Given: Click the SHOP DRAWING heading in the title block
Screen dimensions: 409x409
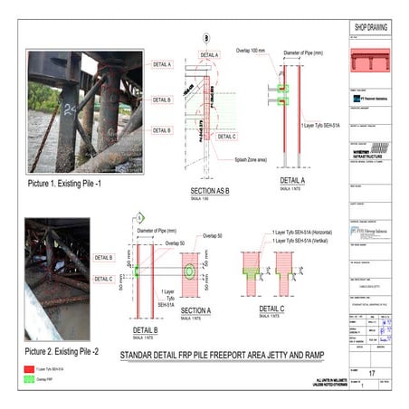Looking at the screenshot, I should [x=370, y=27].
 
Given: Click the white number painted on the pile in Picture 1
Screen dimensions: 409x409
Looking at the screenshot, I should [x=70, y=109].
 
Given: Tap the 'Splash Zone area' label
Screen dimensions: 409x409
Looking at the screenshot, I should [x=228, y=159].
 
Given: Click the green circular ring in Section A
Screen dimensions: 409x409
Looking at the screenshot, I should [x=190, y=271].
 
